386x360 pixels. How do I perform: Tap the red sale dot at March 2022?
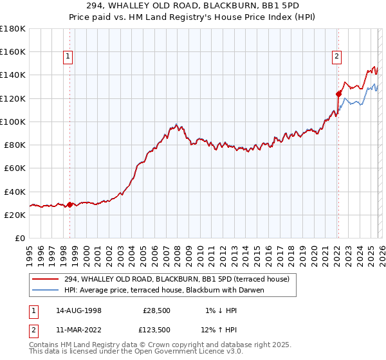[x=338, y=93]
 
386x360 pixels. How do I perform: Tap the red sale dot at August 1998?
[x=69, y=204]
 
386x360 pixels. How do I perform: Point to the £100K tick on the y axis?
[x=13, y=122]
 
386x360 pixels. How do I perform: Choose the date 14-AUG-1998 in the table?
[x=78, y=310]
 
